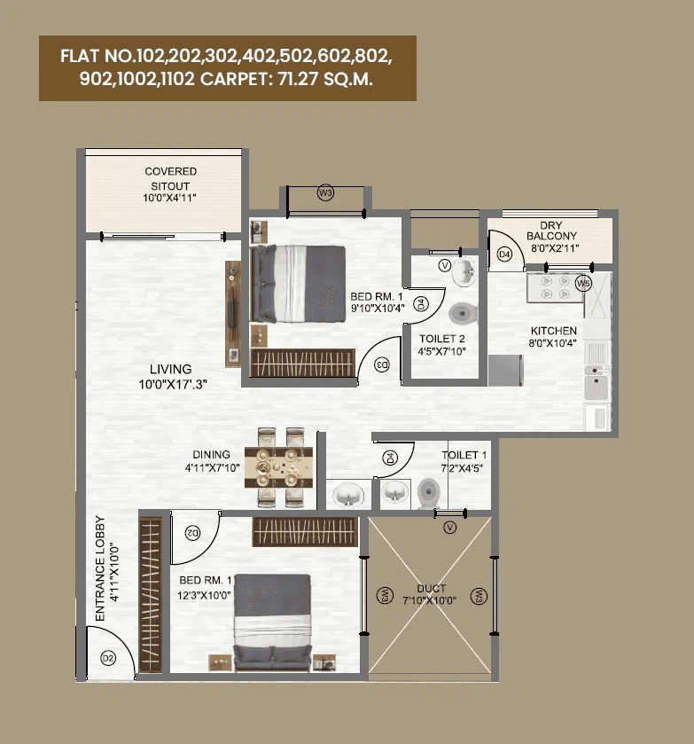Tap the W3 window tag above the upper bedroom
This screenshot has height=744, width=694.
click(325, 193)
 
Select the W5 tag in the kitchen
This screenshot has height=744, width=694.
click(582, 283)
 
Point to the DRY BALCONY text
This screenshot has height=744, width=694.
click(551, 236)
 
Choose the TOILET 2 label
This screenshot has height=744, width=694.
click(442, 344)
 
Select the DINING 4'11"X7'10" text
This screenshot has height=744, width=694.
click(207, 461)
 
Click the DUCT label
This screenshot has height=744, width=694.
click(431, 594)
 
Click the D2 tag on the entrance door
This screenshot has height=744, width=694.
click(108, 657)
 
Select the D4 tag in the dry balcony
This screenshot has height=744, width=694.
click(504, 255)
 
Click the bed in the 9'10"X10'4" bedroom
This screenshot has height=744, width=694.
click(298, 284)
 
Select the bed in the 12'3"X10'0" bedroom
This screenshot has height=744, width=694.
click(272, 621)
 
